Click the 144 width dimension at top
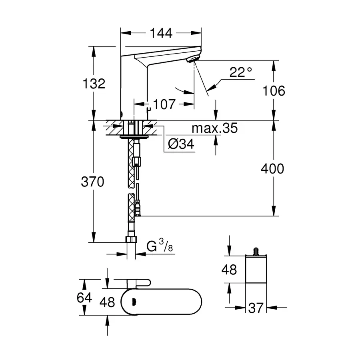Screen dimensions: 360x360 (161, 34)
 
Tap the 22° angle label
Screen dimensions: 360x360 (241, 72)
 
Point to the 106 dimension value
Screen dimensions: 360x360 (274, 91)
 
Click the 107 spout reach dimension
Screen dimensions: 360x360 (164, 104)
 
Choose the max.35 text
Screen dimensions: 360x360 (214, 128)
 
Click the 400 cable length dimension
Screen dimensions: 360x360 (273, 168)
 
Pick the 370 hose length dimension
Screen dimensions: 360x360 (92, 182)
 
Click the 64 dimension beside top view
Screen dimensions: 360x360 (84, 298)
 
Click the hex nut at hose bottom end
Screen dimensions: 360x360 (131, 239)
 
